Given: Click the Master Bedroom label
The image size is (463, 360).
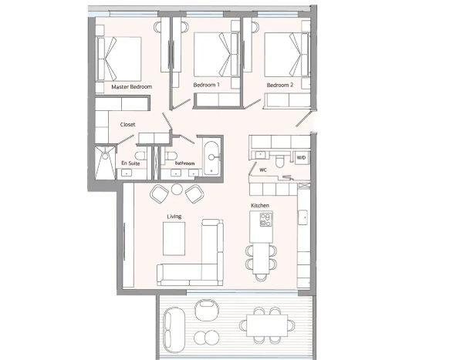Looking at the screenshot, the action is pos(132,87).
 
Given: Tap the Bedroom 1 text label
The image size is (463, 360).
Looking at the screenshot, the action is pos(206,85).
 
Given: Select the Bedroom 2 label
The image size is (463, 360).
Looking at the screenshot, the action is pos(280,86).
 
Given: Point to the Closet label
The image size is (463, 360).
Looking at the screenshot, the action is pos(127,125).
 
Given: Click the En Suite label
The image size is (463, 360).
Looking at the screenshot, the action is pos(130,163).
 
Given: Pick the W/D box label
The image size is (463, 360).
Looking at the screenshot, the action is pos(301,157).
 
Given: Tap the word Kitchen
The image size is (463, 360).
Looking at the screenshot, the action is pos(260,205).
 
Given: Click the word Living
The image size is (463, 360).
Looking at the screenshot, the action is pos(174,217).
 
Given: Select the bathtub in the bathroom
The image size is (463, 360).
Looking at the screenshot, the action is pos(211,159).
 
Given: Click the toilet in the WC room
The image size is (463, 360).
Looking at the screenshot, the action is pos(279,161).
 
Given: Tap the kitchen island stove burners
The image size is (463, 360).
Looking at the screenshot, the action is pos(266,220).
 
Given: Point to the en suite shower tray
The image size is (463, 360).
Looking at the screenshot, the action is pos(105,162).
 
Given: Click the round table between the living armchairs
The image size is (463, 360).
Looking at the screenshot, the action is pos(177,189).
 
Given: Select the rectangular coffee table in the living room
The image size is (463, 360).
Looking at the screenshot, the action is pos(174,239).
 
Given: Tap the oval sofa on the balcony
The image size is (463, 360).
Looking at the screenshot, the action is pos(174,330).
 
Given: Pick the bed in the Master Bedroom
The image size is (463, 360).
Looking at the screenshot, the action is pos(120,59).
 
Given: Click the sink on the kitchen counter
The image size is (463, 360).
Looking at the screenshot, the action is pos(302,217).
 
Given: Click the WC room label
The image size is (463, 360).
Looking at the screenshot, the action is pos(263,170).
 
